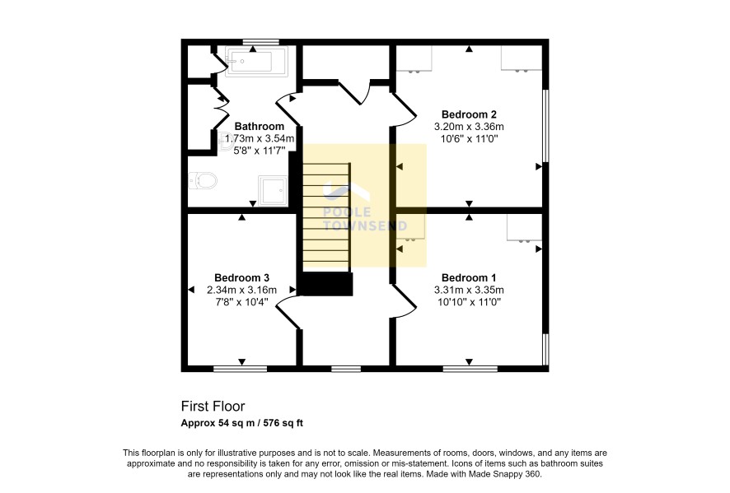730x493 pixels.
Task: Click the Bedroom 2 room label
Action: pos(469,114)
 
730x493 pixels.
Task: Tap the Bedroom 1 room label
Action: pos(469,278)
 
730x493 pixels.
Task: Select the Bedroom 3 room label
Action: pos(241,278)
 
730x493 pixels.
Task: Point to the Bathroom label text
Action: pos(260,127)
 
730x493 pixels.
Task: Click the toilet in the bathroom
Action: pos(203,180)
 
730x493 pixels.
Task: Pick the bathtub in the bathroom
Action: pos(256,61)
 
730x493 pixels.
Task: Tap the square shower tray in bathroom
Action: pos(274,191)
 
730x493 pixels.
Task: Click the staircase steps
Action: pos(326,216)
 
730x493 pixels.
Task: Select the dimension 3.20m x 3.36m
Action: pos(469,127)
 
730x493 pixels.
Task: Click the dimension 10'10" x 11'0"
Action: pos(469,302)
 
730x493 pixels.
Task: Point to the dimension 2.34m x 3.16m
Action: pos(241,291)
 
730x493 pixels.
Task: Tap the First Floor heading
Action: pos(213,407)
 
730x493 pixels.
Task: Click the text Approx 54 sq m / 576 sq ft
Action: pos(242,423)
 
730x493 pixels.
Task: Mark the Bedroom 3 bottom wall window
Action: pos(241,369)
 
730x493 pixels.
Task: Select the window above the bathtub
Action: pos(261,42)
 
